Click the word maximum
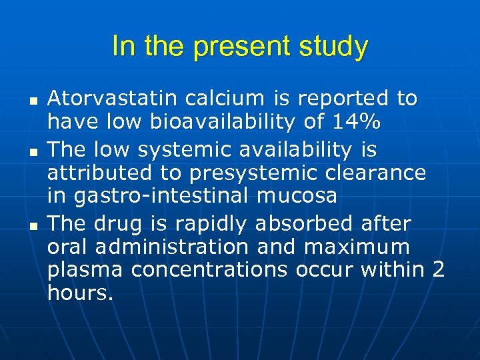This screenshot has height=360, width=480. click(357, 247)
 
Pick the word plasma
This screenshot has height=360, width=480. click(86, 270)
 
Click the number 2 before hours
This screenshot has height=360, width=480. click(438, 270)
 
